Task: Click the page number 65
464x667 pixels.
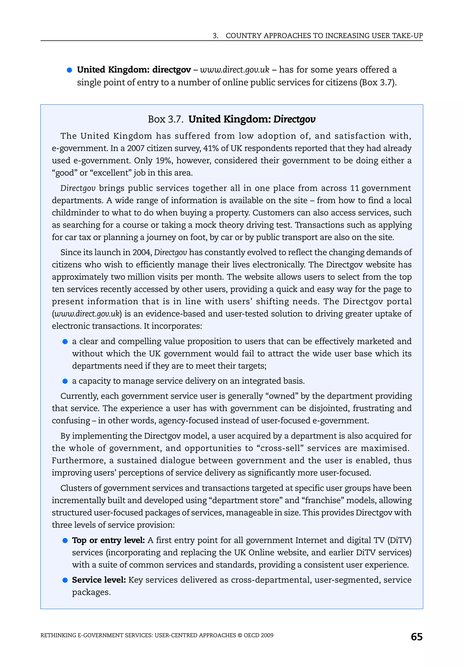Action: coord(416,637)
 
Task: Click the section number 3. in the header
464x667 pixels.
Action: coord(215,36)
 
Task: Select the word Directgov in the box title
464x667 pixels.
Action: coord(294,119)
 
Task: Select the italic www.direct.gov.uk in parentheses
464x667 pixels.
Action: coord(87,314)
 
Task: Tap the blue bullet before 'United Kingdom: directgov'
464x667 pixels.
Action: coord(69,70)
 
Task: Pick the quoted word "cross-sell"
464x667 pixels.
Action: coord(280,448)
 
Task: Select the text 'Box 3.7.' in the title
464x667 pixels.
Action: coord(165,119)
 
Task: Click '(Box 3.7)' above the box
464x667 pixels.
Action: coord(378,83)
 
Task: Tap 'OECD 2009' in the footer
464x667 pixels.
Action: coord(258,635)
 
